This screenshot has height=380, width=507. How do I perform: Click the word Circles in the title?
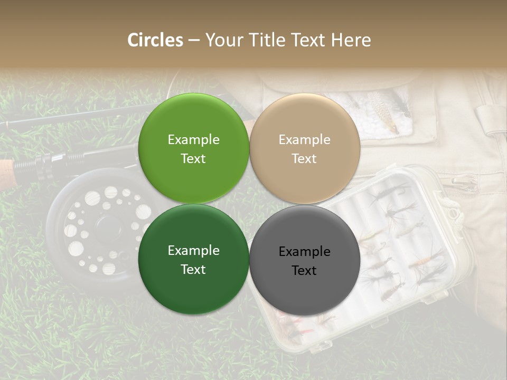point(155,40)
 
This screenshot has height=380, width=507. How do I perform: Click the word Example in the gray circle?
point(304,252)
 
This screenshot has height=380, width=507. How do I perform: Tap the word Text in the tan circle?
point(304,158)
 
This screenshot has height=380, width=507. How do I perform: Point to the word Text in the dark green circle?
point(193,269)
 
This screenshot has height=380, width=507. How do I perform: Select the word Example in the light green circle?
point(193,139)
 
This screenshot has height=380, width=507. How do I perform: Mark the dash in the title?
point(194,41)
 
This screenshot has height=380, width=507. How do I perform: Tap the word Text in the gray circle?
point(304,270)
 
